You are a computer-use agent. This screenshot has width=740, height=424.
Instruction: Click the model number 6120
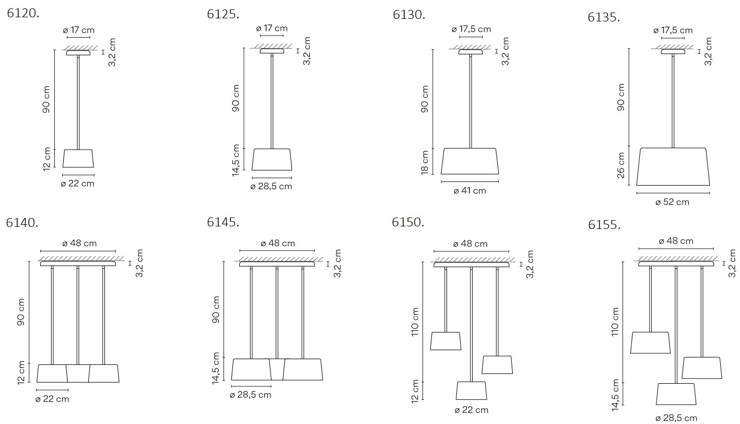coord(23,13)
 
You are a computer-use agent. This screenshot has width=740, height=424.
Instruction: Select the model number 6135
coord(604,17)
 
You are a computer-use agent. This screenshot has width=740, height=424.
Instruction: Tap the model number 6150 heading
coord(408,222)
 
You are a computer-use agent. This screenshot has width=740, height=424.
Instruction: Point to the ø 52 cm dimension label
coord(672,202)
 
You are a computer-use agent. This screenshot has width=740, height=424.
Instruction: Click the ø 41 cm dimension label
coord(470,191)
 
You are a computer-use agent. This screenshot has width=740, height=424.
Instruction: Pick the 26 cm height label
coord(621,165)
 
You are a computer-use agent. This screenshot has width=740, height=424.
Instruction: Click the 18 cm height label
coord(425,163)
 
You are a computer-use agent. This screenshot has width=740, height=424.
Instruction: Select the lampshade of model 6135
coord(673,167)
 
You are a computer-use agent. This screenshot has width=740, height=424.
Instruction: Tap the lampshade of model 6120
coord(78,158)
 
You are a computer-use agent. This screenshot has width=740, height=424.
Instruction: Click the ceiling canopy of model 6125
coord(272,51)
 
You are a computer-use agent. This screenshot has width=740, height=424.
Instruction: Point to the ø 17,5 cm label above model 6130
coord(472,29)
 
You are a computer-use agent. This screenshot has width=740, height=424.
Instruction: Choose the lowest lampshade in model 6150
coord(472,391)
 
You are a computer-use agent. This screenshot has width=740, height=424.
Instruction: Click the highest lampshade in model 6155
coord(650,342)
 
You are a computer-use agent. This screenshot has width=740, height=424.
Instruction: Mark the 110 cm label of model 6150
coord(415,322)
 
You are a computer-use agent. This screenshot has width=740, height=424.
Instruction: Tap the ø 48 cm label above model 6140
coord(79,244)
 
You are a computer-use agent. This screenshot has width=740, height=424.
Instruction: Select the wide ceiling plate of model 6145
coord(277,264)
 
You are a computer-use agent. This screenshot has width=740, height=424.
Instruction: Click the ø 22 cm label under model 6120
coord(78,184)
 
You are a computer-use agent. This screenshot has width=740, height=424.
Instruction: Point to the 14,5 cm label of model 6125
coord(236,161)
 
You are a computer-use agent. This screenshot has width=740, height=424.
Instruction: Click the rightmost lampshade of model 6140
coord(104,374)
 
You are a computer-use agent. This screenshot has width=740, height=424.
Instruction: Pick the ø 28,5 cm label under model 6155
coord(676,418)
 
